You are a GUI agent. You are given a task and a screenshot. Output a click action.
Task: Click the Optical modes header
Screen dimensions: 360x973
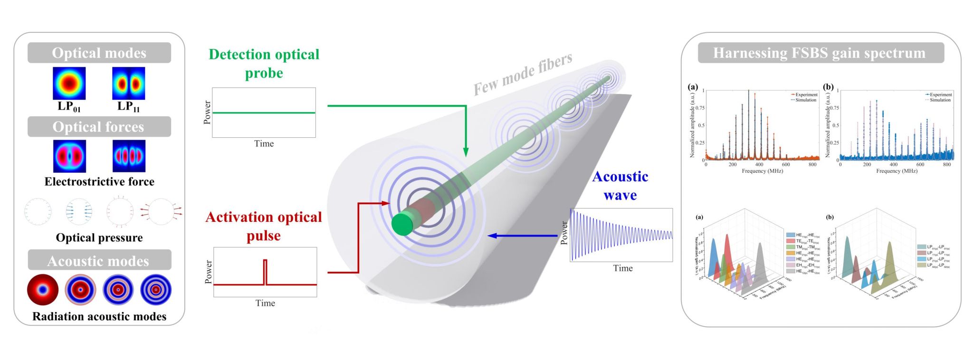99,53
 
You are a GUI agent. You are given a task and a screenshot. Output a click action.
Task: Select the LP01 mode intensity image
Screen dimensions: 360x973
69,83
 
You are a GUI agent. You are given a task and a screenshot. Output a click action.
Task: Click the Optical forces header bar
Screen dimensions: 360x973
99,127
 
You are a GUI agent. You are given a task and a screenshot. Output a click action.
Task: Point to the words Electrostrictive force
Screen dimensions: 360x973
99,181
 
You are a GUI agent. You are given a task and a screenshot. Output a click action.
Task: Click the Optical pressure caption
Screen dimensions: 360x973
99,237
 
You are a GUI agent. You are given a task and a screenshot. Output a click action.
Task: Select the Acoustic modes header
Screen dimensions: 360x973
99,261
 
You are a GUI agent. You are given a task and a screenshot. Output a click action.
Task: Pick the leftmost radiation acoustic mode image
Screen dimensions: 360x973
43,289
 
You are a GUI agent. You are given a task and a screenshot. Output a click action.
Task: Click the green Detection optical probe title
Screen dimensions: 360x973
264,64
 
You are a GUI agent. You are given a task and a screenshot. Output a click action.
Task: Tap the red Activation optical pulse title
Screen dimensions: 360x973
264,226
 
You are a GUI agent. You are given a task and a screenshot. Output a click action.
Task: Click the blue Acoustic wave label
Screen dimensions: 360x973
620,186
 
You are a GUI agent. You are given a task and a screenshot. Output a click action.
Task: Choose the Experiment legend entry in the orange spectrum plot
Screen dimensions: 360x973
805,95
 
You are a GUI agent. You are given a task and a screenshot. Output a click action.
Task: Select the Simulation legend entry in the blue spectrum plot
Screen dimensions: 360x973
939,100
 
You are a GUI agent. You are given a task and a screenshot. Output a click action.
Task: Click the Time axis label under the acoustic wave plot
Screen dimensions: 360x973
623,268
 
